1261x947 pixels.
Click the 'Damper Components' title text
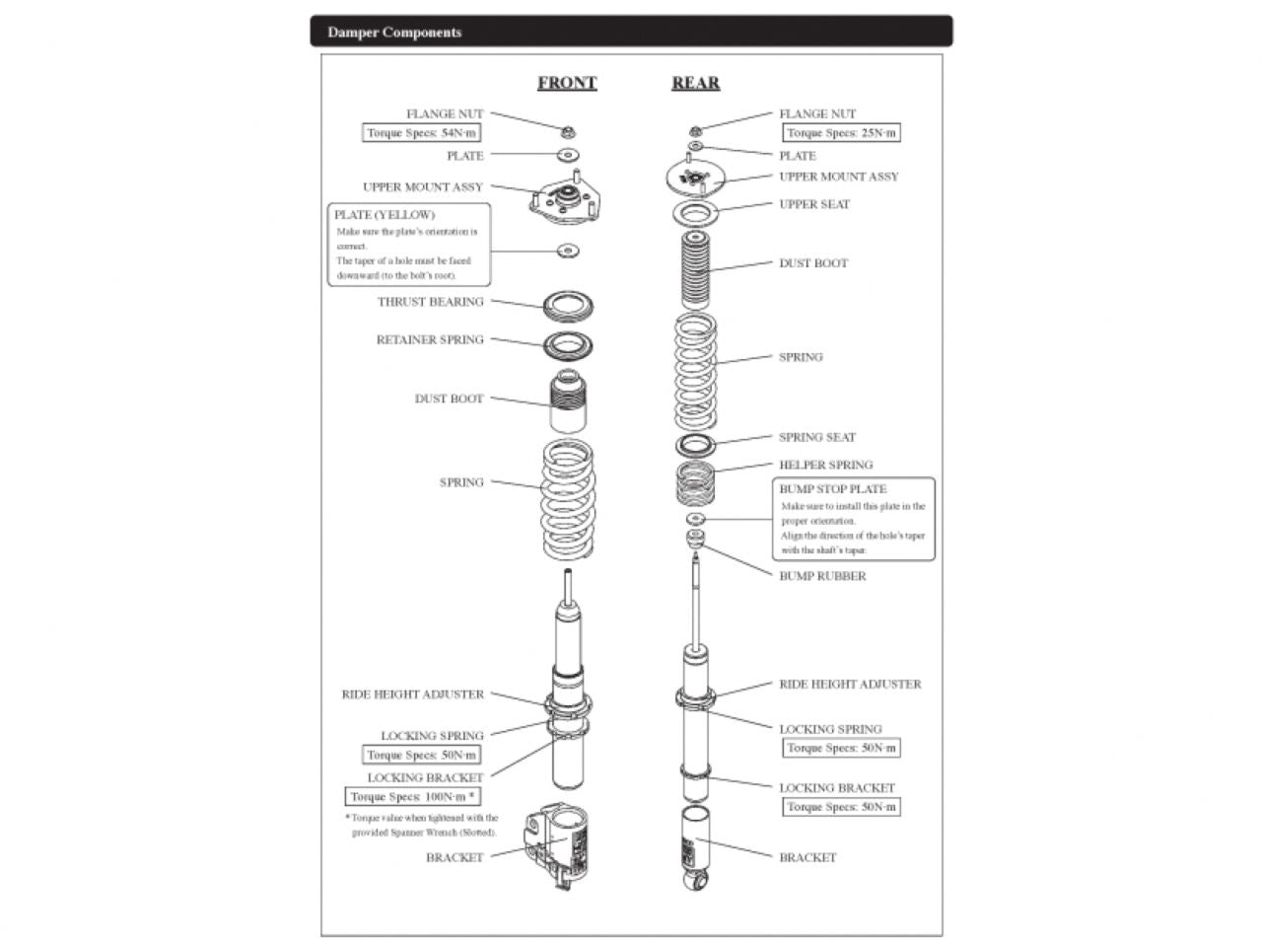coord(394,33)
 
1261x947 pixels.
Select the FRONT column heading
coord(567,83)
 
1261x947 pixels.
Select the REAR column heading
coord(695,83)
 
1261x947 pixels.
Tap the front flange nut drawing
coord(568,130)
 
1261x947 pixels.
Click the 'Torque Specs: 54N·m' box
coord(422,133)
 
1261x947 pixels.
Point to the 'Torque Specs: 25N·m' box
coord(841,133)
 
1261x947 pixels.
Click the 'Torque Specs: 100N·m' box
coord(413,797)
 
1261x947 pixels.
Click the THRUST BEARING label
coord(431,302)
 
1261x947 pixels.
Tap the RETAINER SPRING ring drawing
coord(568,346)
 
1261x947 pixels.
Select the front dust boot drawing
coord(568,401)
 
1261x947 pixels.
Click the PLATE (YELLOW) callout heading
coord(385,215)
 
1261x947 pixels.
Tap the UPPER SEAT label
coord(814,204)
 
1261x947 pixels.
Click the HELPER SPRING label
coord(825,465)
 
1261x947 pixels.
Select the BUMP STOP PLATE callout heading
coord(833,489)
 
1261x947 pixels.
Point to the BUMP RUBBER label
coord(822,576)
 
